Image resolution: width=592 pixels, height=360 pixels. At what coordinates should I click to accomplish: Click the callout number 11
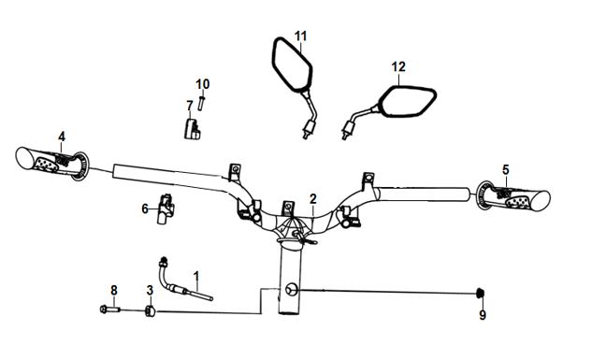pyautogui.click(x=300, y=36)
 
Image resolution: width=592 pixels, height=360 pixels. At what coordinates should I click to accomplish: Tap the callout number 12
pyautogui.click(x=398, y=66)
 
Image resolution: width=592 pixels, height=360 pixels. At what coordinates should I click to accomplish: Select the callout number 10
pyautogui.click(x=202, y=84)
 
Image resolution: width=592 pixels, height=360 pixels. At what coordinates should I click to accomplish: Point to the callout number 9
pyautogui.click(x=483, y=315)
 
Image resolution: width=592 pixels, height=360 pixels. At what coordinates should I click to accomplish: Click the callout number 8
pyautogui.click(x=114, y=290)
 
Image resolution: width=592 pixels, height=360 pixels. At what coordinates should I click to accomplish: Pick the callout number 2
pyautogui.click(x=313, y=198)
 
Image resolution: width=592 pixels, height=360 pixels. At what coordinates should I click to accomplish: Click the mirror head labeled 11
pyautogui.click(x=292, y=65)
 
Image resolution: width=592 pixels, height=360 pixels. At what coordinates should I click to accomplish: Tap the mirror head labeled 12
pyautogui.click(x=407, y=101)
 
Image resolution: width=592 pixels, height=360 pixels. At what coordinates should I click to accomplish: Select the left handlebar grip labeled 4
pyautogui.click(x=51, y=165)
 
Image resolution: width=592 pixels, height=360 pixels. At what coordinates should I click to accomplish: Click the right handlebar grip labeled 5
pyautogui.click(x=513, y=197)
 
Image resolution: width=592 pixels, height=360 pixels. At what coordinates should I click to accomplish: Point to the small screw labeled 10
pyautogui.click(x=201, y=104)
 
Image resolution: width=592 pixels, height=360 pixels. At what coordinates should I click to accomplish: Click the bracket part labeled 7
pyautogui.click(x=192, y=129)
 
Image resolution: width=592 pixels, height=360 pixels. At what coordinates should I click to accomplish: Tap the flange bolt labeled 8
pyautogui.click(x=109, y=310)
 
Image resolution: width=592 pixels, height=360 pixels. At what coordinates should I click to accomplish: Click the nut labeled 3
pyautogui.click(x=151, y=311)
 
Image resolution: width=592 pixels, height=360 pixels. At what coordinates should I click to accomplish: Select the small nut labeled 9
pyautogui.click(x=481, y=293)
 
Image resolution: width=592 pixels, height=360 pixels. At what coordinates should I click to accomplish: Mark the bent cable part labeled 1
pyautogui.click(x=181, y=283)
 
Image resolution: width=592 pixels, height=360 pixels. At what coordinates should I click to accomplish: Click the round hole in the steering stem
pyautogui.click(x=292, y=290)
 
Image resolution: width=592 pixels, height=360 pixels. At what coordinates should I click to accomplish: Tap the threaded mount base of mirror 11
pyautogui.click(x=309, y=128)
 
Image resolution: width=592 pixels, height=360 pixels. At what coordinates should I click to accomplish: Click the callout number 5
pyautogui.click(x=506, y=170)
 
